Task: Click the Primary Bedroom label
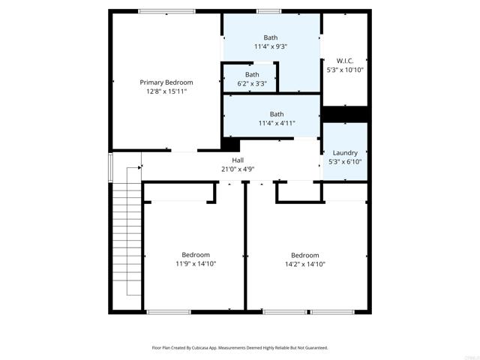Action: (x=166, y=82)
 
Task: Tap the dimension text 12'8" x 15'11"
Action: (x=166, y=91)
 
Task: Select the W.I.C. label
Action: (x=345, y=60)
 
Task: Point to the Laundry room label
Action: (x=345, y=152)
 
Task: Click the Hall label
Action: (x=238, y=160)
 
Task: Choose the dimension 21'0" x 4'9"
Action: (x=238, y=169)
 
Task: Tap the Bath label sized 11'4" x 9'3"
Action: (x=271, y=37)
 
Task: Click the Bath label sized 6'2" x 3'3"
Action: (x=252, y=74)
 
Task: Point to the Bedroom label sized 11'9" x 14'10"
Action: (x=196, y=254)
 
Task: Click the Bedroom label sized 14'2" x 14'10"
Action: (x=305, y=254)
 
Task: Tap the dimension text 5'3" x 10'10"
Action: (x=345, y=69)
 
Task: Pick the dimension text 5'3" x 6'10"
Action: (x=345, y=161)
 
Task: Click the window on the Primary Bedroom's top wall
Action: (x=166, y=11)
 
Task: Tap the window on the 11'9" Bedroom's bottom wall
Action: (x=169, y=311)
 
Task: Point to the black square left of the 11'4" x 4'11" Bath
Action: (x=230, y=145)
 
